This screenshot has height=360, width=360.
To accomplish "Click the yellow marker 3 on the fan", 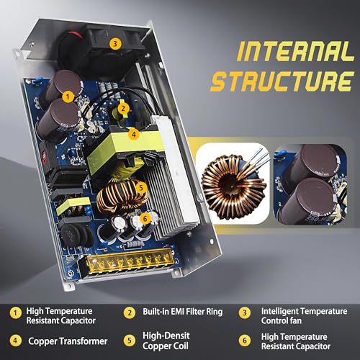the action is click(x=115, y=44).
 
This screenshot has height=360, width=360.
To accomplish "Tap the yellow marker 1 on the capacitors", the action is click(x=68, y=96).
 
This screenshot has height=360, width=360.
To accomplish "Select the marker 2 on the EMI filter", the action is click(x=123, y=108).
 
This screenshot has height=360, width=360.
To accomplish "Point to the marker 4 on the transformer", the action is click(x=134, y=134).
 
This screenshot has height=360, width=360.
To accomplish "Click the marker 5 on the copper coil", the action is click(x=141, y=187).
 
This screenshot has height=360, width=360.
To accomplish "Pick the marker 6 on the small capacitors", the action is click(x=145, y=218).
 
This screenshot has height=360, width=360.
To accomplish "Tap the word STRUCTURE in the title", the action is click(x=282, y=81).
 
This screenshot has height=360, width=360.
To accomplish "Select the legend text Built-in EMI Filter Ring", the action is click(x=183, y=312).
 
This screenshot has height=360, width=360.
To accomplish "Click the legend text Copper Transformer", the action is click(x=68, y=341).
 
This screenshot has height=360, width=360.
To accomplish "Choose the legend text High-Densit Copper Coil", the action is click(x=166, y=341).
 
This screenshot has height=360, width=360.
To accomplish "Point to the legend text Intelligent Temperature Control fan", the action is click(x=304, y=316).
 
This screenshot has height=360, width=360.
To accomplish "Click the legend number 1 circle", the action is click(x=16, y=313).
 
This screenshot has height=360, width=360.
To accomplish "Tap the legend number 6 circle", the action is click(x=245, y=341).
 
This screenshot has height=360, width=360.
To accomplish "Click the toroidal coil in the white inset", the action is click(x=233, y=184).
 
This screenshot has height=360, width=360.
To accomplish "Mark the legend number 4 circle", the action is click(x=16, y=341).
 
